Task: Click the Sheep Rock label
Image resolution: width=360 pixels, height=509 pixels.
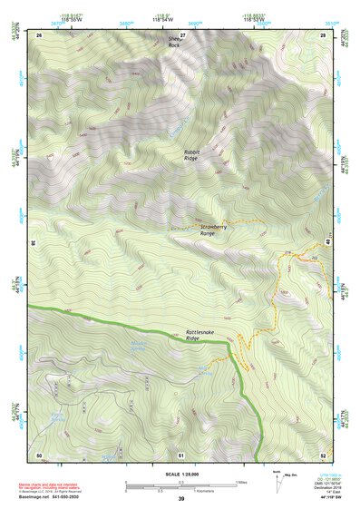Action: [x=174, y=42]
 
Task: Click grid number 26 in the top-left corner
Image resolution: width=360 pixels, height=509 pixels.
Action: [x=39, y=34]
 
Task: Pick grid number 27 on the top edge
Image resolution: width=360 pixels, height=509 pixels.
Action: [x=181, y=34]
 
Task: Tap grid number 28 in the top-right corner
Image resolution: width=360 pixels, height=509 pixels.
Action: [x=323, y=34]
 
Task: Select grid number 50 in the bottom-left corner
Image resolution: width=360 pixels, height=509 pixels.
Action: [x=39, y=454]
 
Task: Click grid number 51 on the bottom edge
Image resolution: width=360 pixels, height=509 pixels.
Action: [x=181, y=454]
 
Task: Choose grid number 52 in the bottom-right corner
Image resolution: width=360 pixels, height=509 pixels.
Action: [x=323, y=454]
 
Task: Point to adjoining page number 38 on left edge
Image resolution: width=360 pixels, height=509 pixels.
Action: [x=33, y=243]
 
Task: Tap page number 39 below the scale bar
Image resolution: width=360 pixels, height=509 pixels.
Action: [x=181, y=499]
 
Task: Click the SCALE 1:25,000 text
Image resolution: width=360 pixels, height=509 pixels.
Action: [x=180, y=474]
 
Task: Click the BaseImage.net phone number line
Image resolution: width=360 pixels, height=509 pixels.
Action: [x=56, y=497]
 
